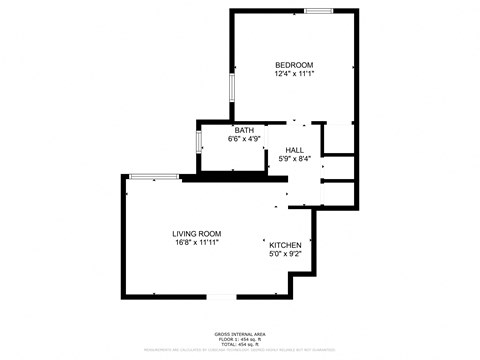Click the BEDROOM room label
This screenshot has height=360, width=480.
click(x=294, y=65)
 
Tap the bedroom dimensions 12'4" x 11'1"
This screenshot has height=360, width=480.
click(x=294, y=74)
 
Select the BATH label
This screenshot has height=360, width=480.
click(x=244, y=131)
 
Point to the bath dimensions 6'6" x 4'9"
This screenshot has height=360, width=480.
click(x=244, y=140)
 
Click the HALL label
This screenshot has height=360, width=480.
click(x=294, y=149)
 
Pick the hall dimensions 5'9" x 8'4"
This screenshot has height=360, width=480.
click(x=294, y=158)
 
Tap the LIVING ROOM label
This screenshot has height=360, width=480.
click(x=196, y=233)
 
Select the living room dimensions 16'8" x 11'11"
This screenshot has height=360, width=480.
click(x=196, y=242)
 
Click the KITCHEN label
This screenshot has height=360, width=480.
click(x=285, y=245)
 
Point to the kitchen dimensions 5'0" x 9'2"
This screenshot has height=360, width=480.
click(x=285, y=254)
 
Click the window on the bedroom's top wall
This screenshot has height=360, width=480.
click(x=319, y=11)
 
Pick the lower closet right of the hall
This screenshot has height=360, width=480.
click(x=339, y=194)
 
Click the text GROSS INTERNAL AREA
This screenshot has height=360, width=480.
click(x=240, y=334)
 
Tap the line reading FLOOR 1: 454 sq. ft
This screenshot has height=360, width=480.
click(x=240, y=339)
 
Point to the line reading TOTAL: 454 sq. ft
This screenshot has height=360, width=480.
click(x=240, y=344)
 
